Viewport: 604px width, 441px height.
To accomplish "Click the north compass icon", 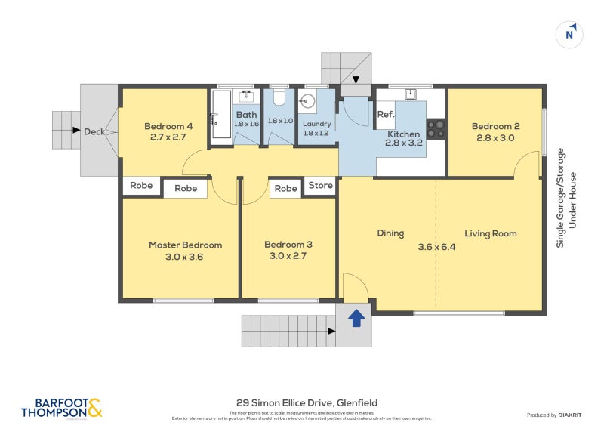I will pyautogui.click(x=570, y=34).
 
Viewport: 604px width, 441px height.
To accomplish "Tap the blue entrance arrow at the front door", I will pyautogui.click(x=355, y=319).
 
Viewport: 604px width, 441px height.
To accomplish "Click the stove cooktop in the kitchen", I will pyautogui.click(x=436, y=128).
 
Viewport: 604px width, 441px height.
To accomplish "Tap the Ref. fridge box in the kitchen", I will pyautogui.click(x=386, y=115).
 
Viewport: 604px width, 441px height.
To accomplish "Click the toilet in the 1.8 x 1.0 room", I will pyautogui.click(x=278, y=98).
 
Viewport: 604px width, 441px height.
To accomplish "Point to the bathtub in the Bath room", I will pyautogui.click(x=220, y=115).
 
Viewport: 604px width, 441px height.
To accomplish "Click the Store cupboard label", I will pyautogui.click(x=320, y=186).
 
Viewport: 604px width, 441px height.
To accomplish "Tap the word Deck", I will pyautogui.click(x=94, y=131).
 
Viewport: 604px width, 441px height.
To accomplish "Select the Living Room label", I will pyautogui.click(x=490, y=233).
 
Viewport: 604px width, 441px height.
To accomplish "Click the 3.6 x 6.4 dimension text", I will pyautogui.click(x=437, y=246).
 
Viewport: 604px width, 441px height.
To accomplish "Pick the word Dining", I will pyautogui.click(x=390, y=233).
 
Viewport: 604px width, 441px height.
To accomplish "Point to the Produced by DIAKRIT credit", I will pyautogui.click(x=555, y=415).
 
